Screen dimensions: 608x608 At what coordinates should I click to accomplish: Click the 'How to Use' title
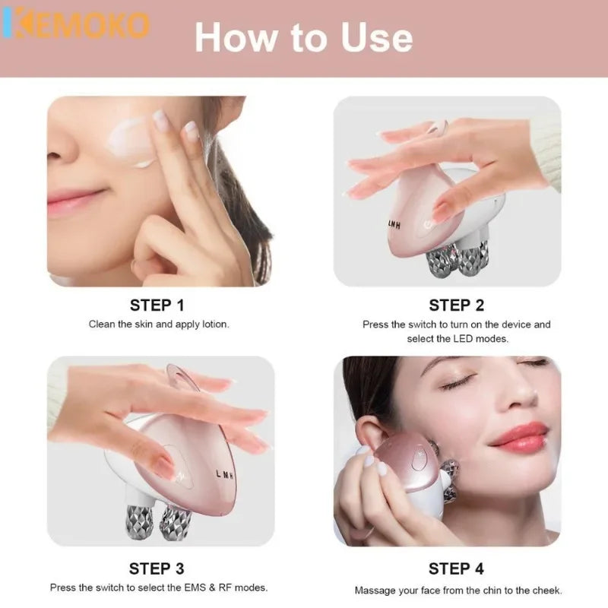pyautogui.click(x=303, y=37)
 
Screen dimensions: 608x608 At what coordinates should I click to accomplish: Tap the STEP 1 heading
pyautogui.click(x=157, y=305)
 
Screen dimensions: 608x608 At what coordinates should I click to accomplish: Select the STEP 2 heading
pyautogui.click(x=456, y=305)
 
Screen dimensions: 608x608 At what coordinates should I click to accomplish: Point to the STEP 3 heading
pyautogui.click(x=157, y=568)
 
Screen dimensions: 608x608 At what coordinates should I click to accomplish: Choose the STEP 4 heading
pyautogui.click(x=456, y=568)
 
